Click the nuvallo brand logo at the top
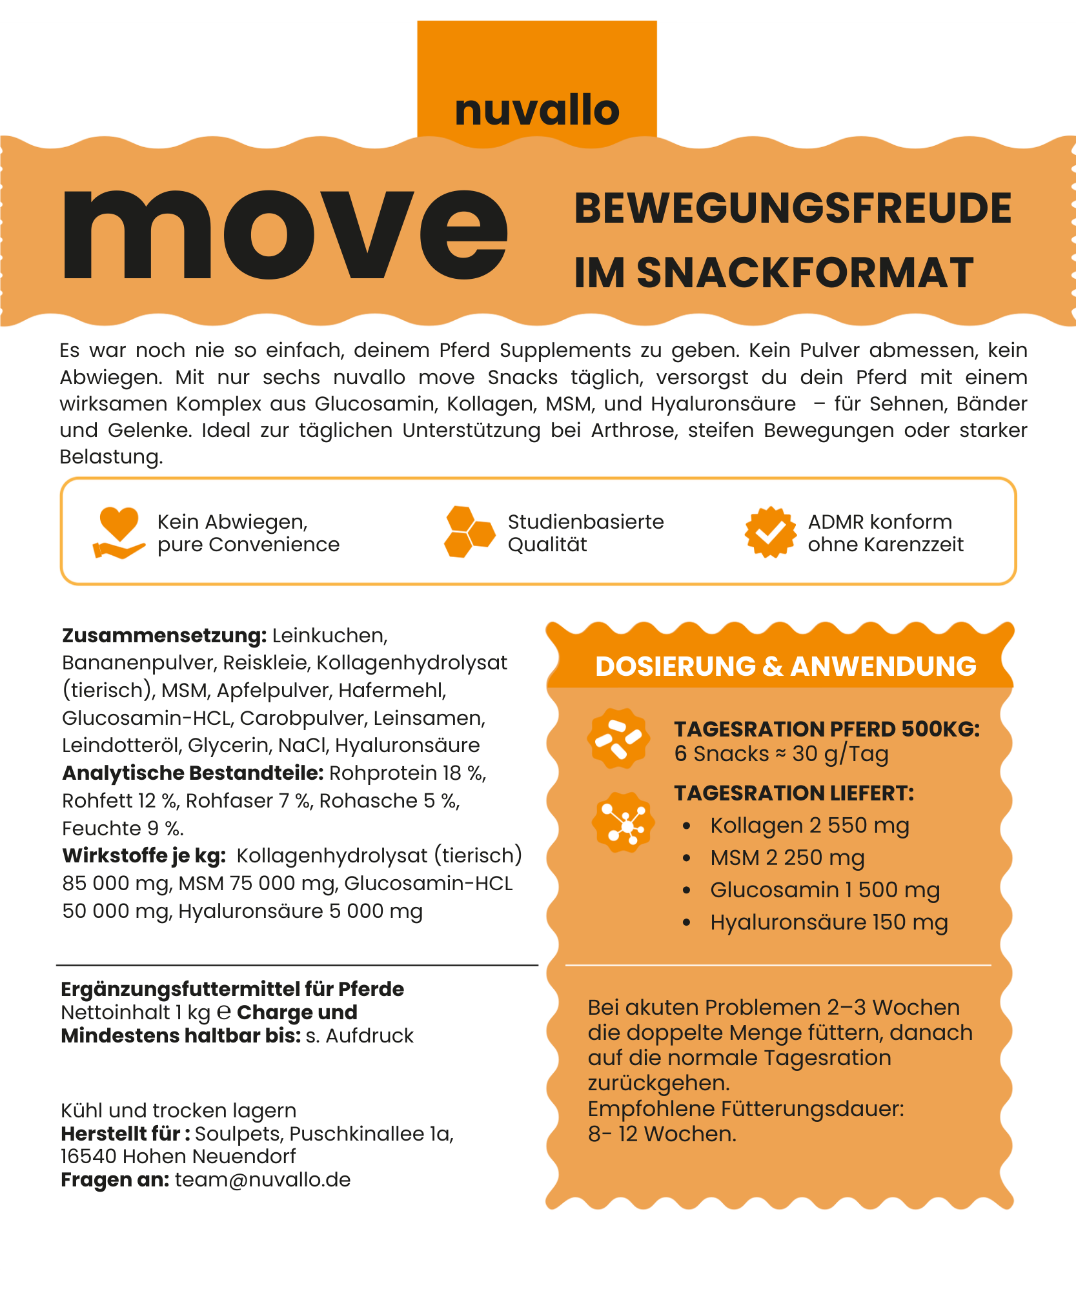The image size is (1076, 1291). [537, 110]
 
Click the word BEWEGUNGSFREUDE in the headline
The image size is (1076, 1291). [793, 208]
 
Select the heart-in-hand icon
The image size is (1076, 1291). [119, 532]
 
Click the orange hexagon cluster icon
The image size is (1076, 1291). [469, 532]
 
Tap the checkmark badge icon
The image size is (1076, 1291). [770, 532]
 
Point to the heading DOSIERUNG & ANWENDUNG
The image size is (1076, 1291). [786, 666]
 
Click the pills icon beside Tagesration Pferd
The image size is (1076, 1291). [618, 738]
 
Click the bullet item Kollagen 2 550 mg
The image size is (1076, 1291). [809, 826]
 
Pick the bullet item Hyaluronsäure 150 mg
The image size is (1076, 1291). [829, 922]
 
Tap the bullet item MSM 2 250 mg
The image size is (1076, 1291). [787, 858]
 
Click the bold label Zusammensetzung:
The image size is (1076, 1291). [164, 636]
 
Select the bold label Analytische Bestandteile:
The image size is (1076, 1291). [192, 773]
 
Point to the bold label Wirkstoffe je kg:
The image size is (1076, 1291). [144, 856]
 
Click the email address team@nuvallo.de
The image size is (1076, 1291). [263, 1180]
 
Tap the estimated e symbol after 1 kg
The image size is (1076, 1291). [223, 1011]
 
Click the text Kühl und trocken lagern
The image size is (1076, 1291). [178, 1110]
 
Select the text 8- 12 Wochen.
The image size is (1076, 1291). [662, 1133]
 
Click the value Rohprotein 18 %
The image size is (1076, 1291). [407, 773]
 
